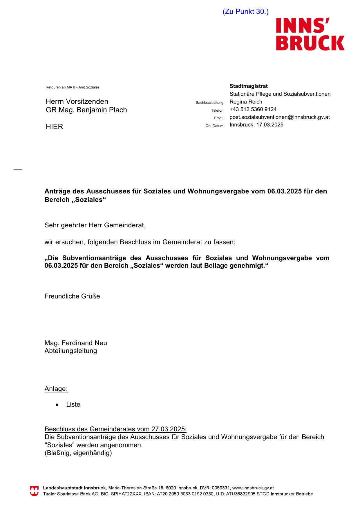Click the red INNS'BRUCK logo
[x=310, y=34]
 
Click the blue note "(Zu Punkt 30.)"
[x=245, y=12]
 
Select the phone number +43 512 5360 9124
[x=253, y=109]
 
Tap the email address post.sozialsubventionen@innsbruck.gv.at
[x=280, y=117]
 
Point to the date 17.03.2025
[x=270, y=125]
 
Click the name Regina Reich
[x=246, y=102]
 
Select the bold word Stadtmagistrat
[x=249, y=86]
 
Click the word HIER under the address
[x=54, y=127]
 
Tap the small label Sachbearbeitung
[x=209, y=103]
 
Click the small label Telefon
[x=217, y=111]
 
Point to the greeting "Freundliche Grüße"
[x=72, y=296]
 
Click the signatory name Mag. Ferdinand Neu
[x=76, y=343]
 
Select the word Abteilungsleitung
[x=71, y=351]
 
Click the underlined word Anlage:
[x=56, y=389]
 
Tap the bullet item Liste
[x=73, y=405]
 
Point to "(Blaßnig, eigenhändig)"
[x=78, y=453]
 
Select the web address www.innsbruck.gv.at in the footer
[x=253, y=488]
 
